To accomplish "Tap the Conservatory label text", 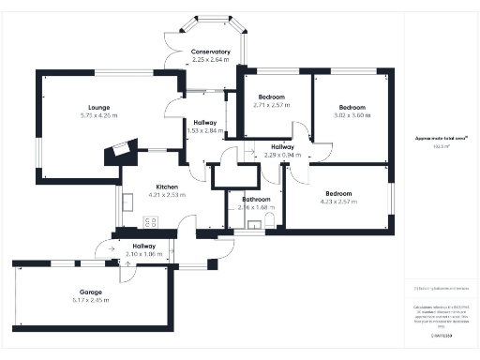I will click(x=210, y=52).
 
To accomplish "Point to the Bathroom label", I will click(x=256, y=199).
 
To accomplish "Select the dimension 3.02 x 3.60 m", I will click(x=352, y=115).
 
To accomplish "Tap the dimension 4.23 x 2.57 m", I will click(x=339, y=201).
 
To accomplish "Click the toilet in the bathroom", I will click(x=269, y=220).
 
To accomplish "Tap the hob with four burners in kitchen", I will click(x=150, y=221).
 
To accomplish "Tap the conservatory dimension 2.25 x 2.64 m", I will click(x=210, y=60).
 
